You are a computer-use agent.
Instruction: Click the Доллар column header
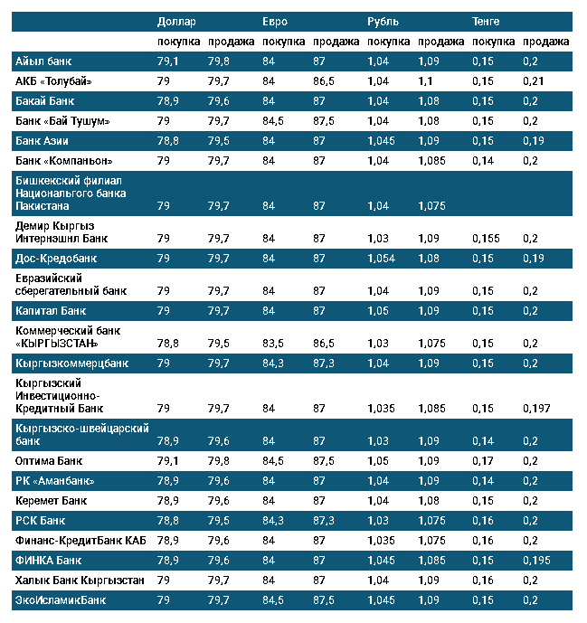[x=175, y=21]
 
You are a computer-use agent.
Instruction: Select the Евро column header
[x=275, y=21]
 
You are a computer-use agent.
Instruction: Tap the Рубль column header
[x=383, y=21]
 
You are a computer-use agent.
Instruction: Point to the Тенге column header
[x=486, y=21]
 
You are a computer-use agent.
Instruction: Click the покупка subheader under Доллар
[x=178, y=42]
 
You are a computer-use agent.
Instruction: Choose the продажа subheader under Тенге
[x=545, y=42]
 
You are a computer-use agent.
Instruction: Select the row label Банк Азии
[x=43, y=141]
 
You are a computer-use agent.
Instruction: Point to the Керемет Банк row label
[x=52, y=500]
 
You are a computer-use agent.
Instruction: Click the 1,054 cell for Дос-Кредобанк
[x=382, y=259]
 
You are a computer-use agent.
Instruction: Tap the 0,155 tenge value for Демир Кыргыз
[x=487, y=239]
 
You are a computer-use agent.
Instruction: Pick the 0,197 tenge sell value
[x=536, y=409]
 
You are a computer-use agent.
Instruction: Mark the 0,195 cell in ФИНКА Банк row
[x=536, y=560]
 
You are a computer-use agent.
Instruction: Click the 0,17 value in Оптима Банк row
[x=482, y=460]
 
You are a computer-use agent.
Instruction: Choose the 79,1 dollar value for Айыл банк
[x=168, y=61]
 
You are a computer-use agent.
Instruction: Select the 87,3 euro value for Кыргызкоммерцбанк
[x=324, y=363]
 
